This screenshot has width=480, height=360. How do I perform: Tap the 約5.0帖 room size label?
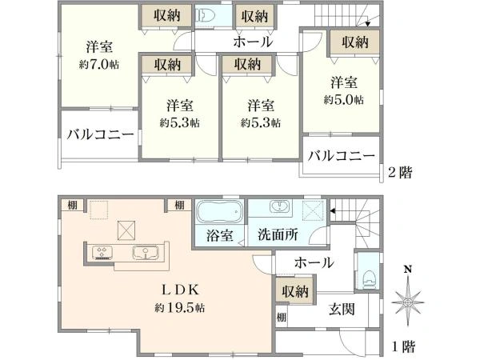(344, 100)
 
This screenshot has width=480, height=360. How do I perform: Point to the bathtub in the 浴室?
(218, 214)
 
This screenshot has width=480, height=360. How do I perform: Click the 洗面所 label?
(278, 237)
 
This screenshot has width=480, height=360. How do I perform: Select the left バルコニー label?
(100, 134)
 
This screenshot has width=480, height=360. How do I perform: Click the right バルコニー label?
(341, 155)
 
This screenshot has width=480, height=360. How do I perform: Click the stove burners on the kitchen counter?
(103, 252)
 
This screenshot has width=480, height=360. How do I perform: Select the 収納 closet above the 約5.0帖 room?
(353, 42)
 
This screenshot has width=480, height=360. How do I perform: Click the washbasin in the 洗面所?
(281, 207)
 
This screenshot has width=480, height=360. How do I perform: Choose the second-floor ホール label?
(253, 42)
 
